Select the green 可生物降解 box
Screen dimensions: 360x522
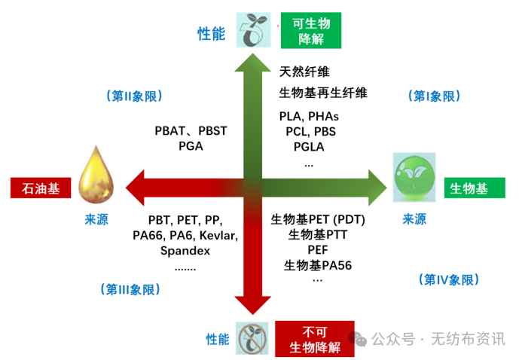(x=310, y=30)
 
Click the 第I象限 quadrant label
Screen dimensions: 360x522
(x=435, y=96)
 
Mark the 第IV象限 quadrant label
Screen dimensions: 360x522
(x=447, y=279)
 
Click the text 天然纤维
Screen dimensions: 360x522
(x=304, y=72)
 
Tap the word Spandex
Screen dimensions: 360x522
(x=185, y=251)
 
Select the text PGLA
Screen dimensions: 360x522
(x=309, y=146)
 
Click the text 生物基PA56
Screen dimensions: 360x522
(x=318, y=265)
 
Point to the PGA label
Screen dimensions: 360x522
(x=191, y=146)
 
